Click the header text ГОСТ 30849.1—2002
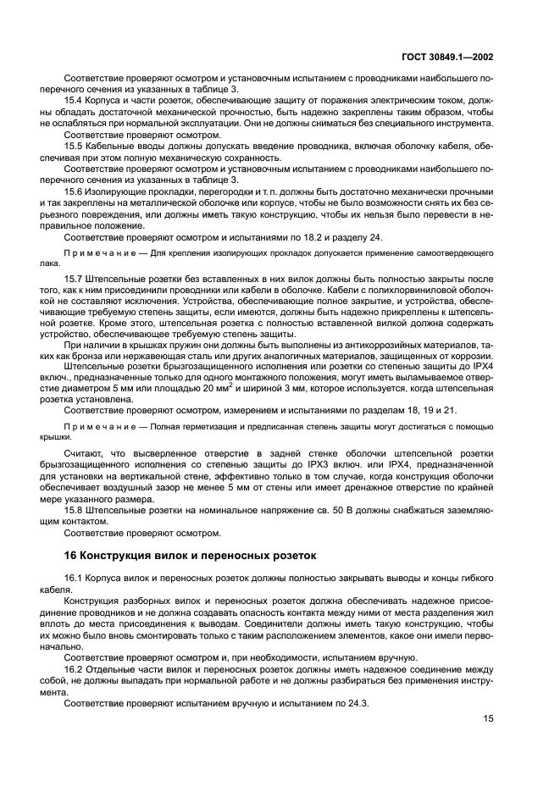click(x=446, y=58)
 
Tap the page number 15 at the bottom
click(x=488, y=718)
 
